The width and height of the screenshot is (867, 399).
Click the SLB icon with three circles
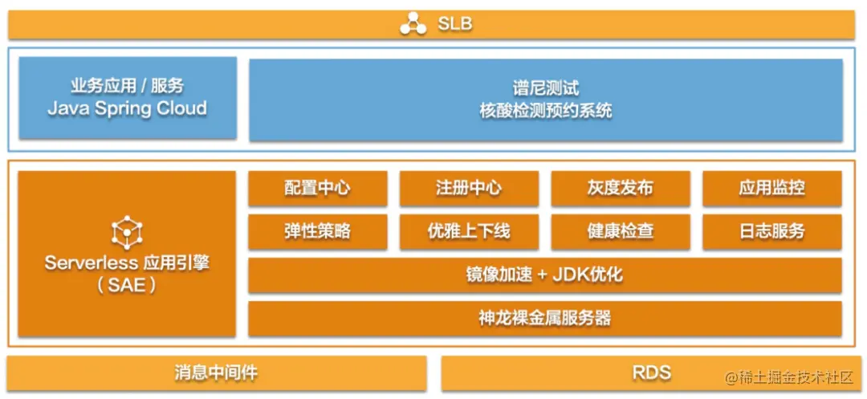[413, 24]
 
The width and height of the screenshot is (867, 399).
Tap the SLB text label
[455, 24]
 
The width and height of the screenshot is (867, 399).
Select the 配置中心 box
[317, 189]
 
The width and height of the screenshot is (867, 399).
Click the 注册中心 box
[469, 189]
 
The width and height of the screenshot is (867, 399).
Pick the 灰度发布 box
[620, 189]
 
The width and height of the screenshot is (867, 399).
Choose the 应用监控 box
[771, 189]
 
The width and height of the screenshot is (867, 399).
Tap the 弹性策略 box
[317, 232]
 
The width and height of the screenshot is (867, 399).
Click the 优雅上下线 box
[469, 232]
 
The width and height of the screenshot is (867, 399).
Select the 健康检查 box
[620, 232]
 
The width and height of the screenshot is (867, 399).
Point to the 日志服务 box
[771, 232]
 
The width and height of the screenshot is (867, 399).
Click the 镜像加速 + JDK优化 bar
[544, 275]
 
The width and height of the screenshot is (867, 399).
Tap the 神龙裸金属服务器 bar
[544, 318]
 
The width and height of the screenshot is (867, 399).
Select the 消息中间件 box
[217, 373]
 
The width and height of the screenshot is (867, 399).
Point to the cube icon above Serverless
[127, 232]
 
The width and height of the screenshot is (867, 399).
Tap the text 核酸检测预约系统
[546, 111]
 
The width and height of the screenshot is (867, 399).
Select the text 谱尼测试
[546, 88]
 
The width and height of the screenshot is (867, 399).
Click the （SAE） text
[127, 285]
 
